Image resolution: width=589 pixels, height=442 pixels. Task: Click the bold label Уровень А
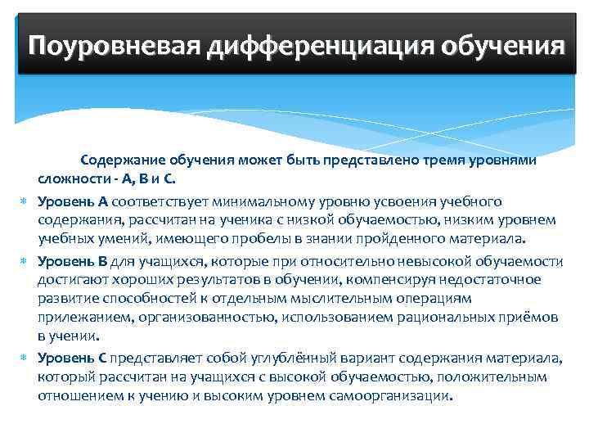73,201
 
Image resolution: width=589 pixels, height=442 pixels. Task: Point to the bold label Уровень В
73,261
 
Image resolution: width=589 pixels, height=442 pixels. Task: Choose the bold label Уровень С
73,358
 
